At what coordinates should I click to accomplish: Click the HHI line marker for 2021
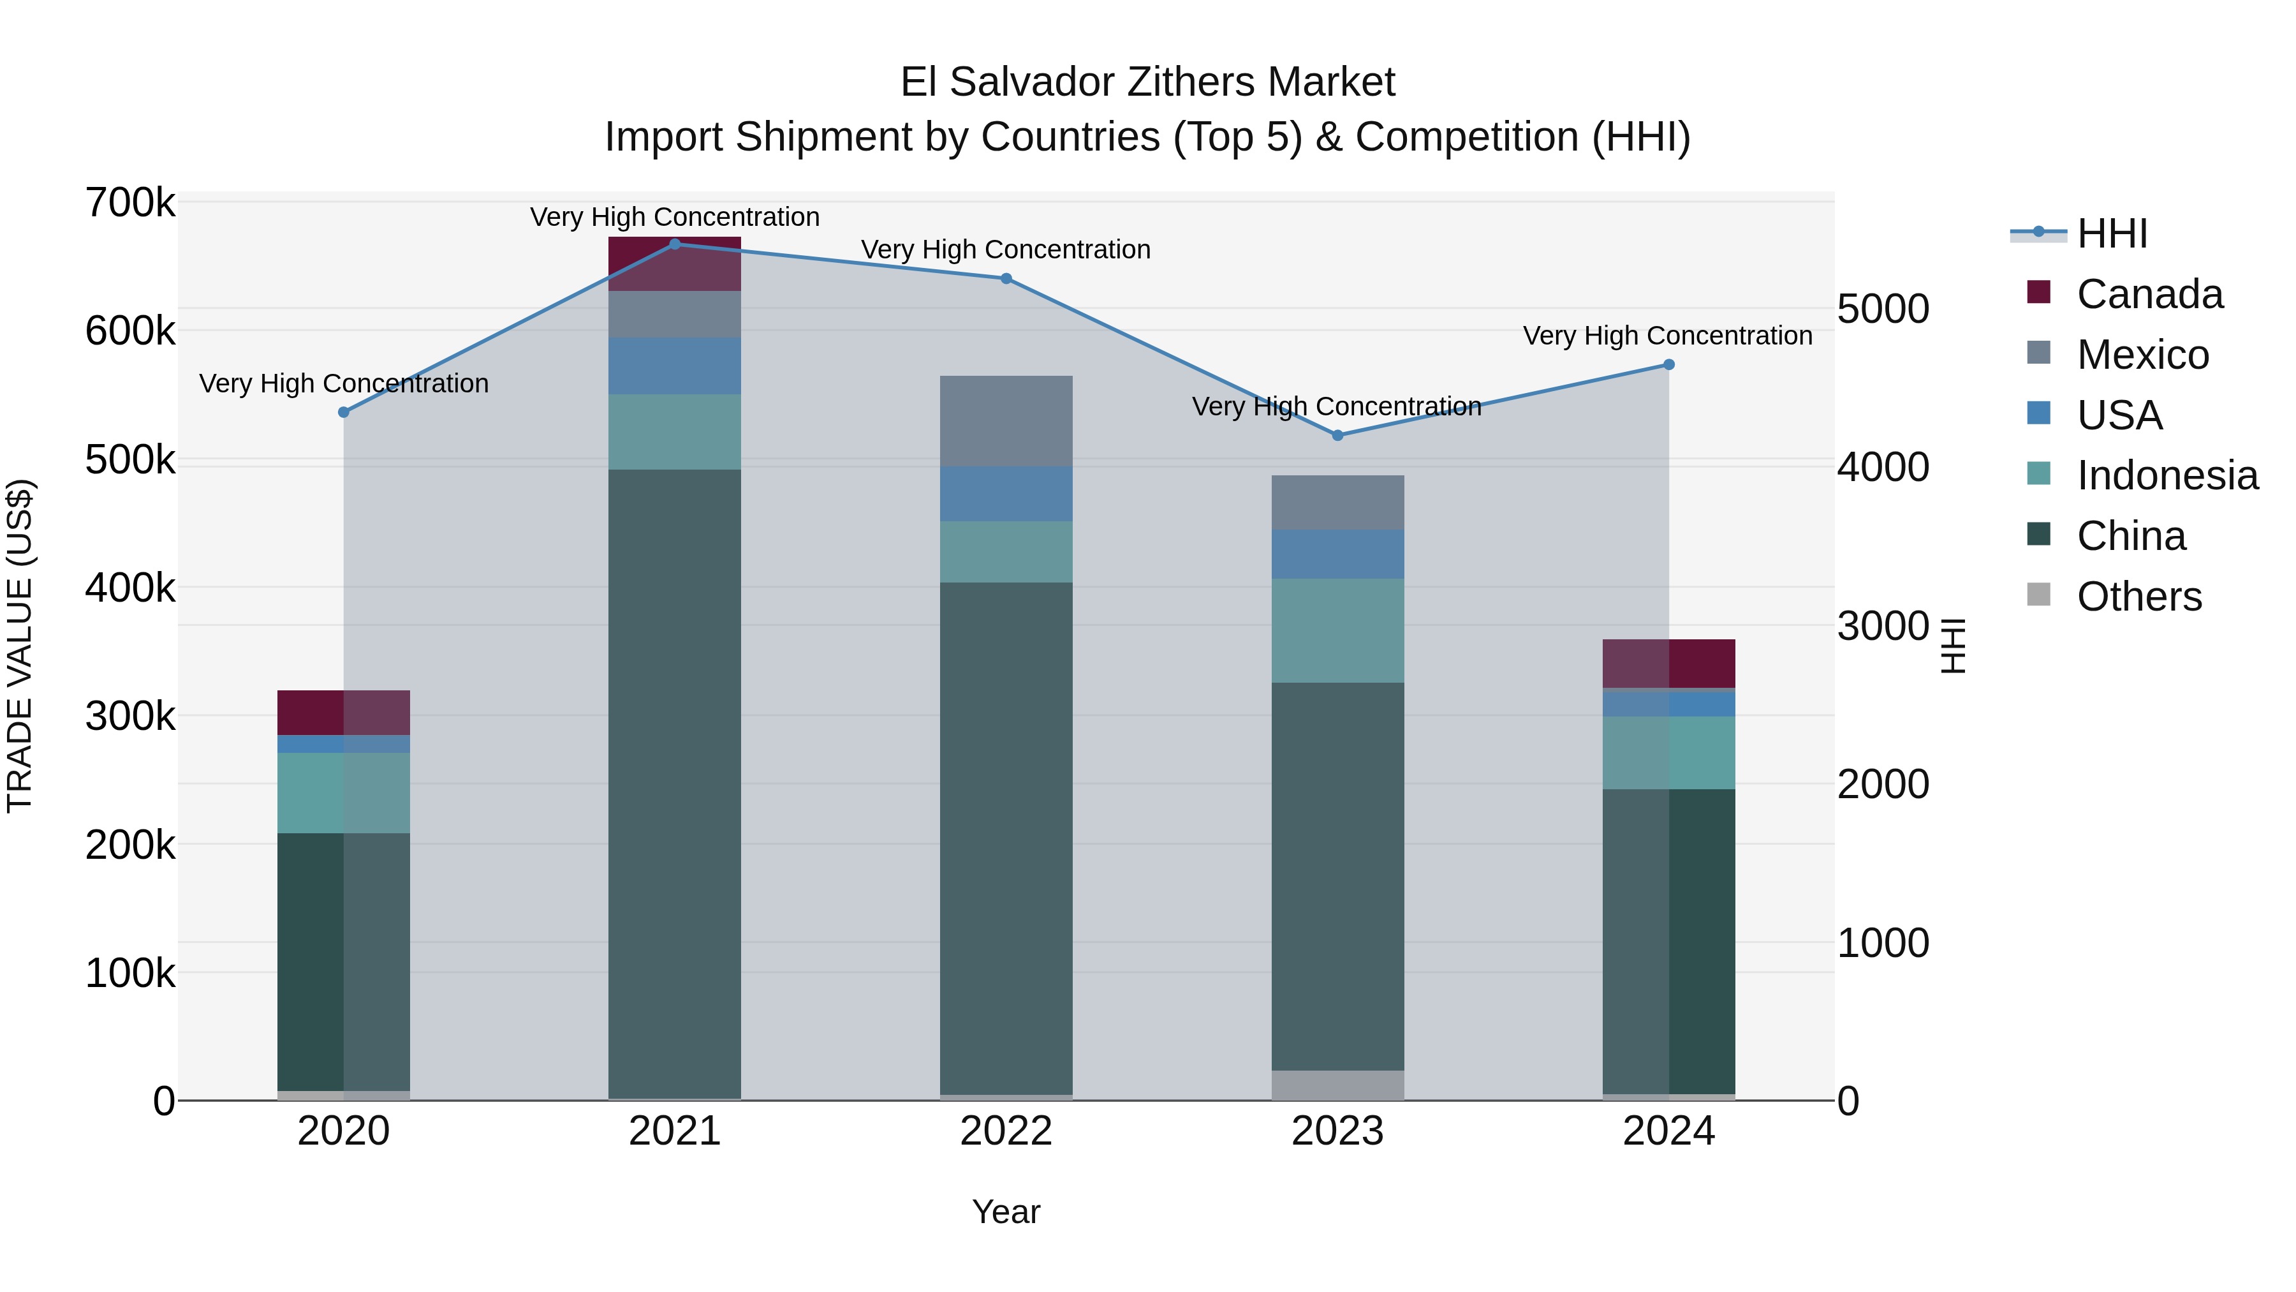coord(675,244)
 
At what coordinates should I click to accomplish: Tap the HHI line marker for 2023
coord(1337,435)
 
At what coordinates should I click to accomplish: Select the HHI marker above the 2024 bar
coord(1668,365)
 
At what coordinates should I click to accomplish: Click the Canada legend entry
coord(2148,294)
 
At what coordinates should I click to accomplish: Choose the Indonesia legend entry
coord(2166,475)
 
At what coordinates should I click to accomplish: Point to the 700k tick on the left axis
coord(130,204)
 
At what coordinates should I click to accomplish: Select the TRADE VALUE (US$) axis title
coord(20,646)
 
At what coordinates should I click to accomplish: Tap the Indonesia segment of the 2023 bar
coord(1337,630)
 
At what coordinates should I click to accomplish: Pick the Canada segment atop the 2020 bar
coord(343,713)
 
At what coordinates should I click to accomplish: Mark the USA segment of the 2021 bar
coord(675,366)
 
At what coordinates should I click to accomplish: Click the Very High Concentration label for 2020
coord(343,383)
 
